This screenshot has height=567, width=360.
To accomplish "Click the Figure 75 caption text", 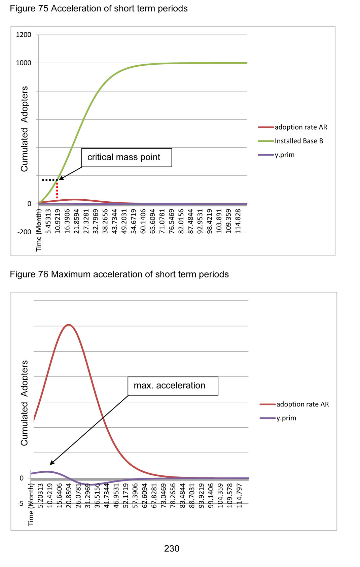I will [99, 8].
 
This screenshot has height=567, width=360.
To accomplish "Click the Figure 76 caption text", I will [119, 274].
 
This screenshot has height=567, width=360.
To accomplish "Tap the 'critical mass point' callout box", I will [127, 157].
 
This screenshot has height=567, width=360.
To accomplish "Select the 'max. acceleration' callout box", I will [173, 386].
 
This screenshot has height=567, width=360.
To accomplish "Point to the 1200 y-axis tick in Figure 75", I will [24, 35].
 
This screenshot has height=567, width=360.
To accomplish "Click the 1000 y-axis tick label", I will [24, 63].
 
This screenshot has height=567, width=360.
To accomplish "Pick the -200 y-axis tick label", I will [24, 232].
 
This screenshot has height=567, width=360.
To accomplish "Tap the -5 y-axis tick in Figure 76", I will [21, 504].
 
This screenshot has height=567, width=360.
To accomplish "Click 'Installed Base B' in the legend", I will [299, 141].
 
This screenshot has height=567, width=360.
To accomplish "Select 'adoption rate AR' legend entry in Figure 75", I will [301, 127].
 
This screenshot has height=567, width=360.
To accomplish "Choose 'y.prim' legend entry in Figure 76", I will [286, 418].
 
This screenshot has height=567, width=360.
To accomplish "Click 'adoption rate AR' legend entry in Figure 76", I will [302, 404].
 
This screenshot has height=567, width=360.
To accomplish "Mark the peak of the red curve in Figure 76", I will [69, 325].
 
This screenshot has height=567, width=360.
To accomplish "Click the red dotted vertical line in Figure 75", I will [57, 190].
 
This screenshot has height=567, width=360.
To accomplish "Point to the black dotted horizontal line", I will [50, 180].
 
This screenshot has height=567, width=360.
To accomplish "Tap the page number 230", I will [172, 548].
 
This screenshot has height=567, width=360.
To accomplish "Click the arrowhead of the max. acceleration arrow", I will [51, 464].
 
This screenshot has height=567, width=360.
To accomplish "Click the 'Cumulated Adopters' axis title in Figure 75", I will [24, 129].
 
